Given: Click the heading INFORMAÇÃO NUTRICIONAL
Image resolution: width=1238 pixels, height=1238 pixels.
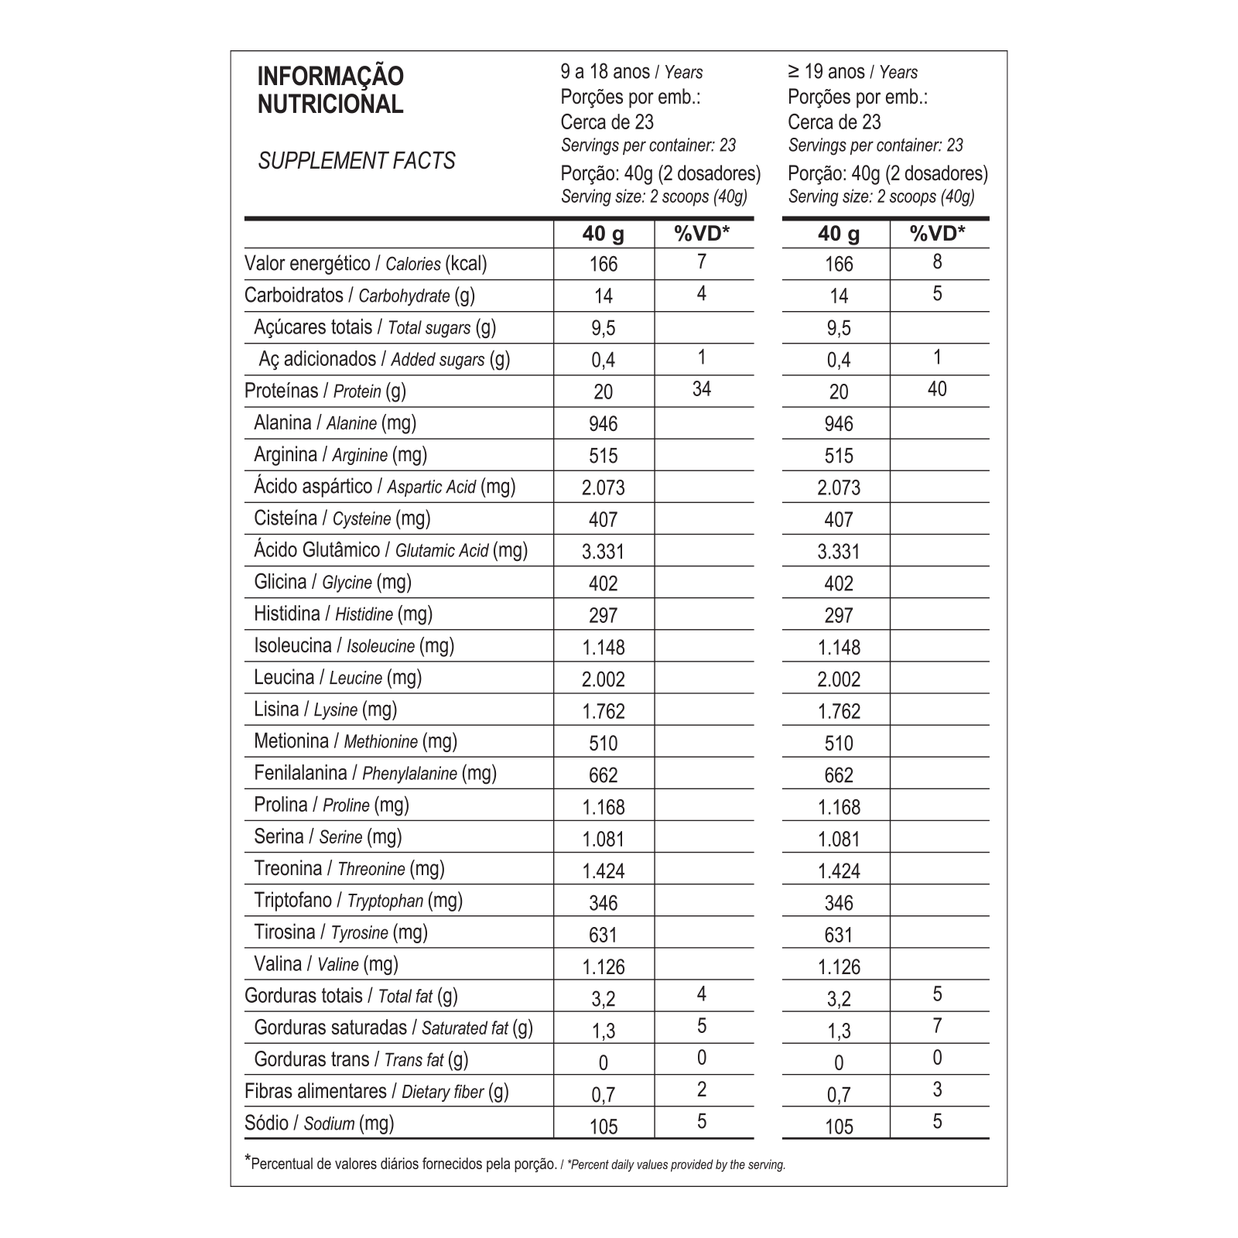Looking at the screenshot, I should (330, 91).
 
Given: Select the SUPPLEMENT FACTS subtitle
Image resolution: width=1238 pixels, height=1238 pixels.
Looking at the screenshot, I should (357, 161).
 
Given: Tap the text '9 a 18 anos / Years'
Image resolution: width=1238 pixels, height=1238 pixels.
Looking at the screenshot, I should (631, 72).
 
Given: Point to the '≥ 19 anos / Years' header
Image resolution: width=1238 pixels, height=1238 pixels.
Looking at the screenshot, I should (853, 72).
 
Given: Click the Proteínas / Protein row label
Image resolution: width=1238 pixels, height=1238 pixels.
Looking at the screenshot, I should (325, 391).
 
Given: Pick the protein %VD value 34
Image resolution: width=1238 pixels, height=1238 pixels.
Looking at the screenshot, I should (702, 389).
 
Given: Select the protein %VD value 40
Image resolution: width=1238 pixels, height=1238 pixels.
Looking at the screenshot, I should (937, 389).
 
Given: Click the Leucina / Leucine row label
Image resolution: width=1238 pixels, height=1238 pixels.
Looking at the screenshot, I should (337, 678).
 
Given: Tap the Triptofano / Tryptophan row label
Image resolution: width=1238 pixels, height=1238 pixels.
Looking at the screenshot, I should (357, 901).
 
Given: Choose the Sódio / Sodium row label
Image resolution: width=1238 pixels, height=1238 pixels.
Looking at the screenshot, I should (319, 1123).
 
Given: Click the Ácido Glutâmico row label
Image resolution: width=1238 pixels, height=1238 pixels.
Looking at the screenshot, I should (391, 550).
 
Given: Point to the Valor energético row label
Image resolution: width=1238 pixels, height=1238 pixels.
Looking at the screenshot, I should (365, 264).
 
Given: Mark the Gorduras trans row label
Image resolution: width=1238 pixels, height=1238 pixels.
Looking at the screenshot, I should (361, 1059).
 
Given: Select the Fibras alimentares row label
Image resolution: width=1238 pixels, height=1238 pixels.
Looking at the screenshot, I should (376, 1092).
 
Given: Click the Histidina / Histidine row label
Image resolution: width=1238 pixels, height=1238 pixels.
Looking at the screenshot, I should (343, 614).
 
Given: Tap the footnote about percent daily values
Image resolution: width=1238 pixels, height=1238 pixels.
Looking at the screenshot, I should (515, 1164).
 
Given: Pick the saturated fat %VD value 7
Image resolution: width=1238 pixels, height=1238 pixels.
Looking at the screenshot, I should (937, 1026).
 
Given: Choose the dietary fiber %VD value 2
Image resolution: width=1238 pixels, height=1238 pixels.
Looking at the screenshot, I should (702, 1089).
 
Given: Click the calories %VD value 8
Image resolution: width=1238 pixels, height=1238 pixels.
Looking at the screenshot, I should (937, 262).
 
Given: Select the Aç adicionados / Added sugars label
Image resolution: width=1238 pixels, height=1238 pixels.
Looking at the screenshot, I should (384, 359).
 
